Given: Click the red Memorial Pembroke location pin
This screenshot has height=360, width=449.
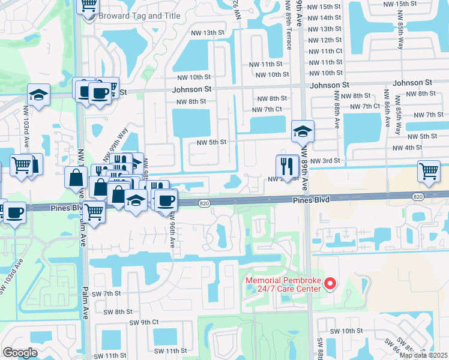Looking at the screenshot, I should tap(330, 283).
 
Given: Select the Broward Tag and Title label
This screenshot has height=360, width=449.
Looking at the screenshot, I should tap(131, 16).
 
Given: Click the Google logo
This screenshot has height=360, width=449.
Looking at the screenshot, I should tap(20, 352).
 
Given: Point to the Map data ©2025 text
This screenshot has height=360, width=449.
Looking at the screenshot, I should tap(424, 355).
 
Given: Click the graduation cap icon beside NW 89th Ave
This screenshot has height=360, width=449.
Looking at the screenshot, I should tap(302, 131).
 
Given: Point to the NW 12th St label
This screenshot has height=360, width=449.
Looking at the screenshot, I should tap(324, 40).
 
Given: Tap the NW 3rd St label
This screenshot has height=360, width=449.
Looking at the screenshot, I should tap(325, 161).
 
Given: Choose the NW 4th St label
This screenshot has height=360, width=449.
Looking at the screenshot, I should tap(406, 148).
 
